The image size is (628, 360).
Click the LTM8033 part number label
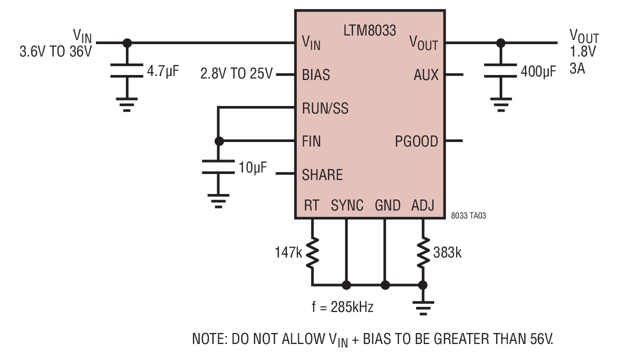pos(370,30)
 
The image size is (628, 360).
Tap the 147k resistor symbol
pos(312,252)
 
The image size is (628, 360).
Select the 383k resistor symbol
pos(423,252)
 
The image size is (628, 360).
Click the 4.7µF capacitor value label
pos(162,71)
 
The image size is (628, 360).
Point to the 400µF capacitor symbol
pos(501,70)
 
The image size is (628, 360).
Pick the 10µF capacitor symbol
pos(218,167)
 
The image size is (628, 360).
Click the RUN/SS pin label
pos(325,108)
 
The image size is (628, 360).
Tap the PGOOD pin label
pos(416,141)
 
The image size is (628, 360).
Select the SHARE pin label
pos(322,174)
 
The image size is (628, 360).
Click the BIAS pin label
pos(316,75)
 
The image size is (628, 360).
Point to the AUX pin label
pos(426,75)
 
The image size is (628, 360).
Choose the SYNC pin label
pos(347,205)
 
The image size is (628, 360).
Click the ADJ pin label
pos(423,205)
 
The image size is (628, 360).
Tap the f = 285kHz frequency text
pos(343,307)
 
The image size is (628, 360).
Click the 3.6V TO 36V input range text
pos(55,51)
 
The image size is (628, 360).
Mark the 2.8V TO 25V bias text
pos(236,73)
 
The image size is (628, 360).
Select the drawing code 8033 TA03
pos(469,215)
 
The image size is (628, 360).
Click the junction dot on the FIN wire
pos(219,141)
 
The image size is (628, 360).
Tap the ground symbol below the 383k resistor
pos(423,308)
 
